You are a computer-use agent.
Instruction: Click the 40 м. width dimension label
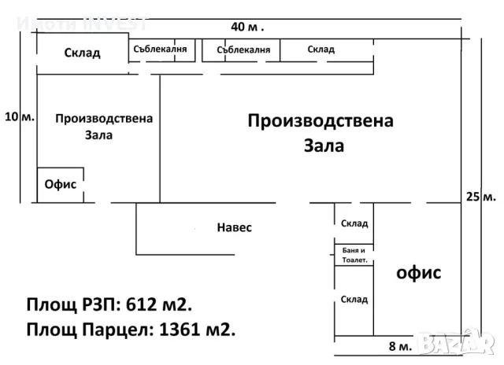pos(247,26)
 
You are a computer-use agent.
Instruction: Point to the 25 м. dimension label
pos(480,196)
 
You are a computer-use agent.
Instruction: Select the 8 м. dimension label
pos(399,346)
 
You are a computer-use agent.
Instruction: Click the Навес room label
pos(234,228)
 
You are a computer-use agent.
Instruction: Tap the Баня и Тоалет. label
pos(354,254)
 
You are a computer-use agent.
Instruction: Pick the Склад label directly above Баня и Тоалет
pos(354,223)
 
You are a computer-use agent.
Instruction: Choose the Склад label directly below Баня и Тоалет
pos(354,299)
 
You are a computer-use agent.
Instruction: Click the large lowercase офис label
pos(417,273)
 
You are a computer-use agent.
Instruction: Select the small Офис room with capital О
pos(60,185)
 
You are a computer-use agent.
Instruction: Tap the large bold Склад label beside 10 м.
pos(82,53)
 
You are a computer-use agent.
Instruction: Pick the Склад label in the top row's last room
pos(321,50)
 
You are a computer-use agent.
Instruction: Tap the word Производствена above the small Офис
pos(104,119)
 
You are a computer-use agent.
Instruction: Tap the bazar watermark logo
pos(460,343)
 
